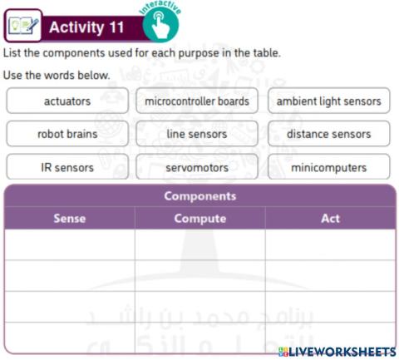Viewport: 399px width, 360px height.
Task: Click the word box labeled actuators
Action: [x=67, y=101]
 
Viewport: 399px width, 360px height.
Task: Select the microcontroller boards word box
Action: [x=197, y=101]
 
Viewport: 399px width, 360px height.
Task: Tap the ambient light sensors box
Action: [x=328, y=101]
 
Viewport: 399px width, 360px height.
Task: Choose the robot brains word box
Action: [x=67, y=134]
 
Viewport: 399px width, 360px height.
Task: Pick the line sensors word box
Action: [x=197, y=134]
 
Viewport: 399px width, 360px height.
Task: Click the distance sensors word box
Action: [x=328, y=134]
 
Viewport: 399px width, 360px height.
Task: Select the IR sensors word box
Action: [x=67, y=167]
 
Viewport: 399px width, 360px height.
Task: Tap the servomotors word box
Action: [x=197, y=167]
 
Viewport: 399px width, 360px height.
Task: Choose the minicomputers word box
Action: [x=328, y=167]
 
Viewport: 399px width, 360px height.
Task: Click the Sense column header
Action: [x=69, y=219]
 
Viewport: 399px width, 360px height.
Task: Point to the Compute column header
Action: [x=199, y=219]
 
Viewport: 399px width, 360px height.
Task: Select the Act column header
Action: [x=330, y=219]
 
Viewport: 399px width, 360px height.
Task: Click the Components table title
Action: [x=199, y=196]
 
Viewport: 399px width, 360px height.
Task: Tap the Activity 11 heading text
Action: [x=86, y=27]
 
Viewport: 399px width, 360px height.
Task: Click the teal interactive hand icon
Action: [x=160, y=26]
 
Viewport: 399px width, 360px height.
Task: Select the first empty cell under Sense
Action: [x=69, y=244]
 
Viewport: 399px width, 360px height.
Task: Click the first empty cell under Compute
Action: [x=199, y=244]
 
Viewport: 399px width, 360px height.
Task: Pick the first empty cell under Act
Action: [x=330, y=244]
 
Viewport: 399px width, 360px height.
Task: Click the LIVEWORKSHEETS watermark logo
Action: [x=337, y=352]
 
